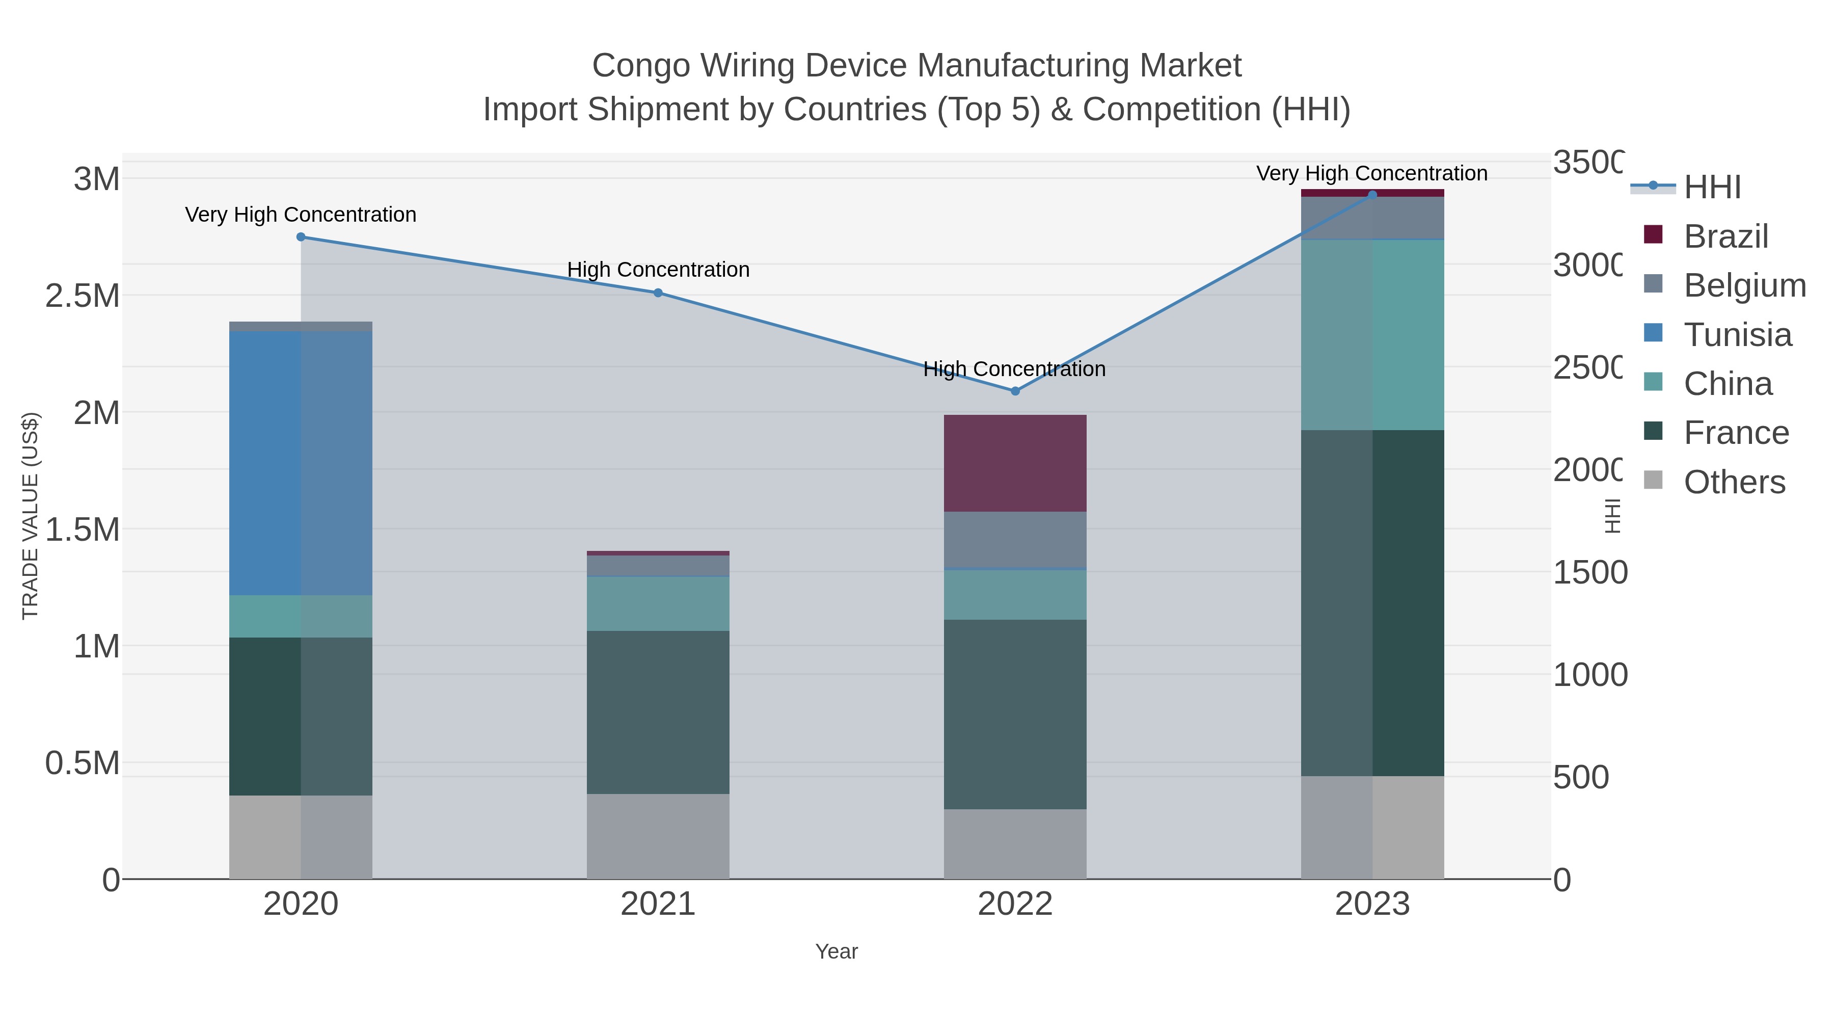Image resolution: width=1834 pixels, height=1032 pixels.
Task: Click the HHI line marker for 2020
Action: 301,237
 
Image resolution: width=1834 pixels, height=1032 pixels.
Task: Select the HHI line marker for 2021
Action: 658,293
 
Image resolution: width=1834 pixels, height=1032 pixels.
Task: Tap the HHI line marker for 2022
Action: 1015,391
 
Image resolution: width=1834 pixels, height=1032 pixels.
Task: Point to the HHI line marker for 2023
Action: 1372,195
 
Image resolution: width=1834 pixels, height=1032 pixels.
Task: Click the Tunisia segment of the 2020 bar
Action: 301,463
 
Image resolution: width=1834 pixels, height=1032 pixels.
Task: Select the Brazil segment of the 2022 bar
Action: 1015,463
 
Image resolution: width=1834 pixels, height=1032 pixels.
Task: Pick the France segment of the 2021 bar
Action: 658,712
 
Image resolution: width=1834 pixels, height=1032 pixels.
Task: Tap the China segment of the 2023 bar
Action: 1372,335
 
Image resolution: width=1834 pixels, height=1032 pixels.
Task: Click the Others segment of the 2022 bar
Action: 1015,844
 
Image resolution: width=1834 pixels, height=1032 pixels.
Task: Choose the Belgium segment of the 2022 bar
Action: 1015,539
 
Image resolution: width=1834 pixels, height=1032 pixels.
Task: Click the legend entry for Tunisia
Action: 1737,335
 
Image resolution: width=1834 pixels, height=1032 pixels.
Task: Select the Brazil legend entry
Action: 1726,236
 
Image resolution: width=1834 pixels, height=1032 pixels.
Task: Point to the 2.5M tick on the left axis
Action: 83,296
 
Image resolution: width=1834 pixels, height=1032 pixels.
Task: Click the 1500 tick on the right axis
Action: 1589,573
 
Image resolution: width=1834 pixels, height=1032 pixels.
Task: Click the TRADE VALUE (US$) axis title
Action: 31,516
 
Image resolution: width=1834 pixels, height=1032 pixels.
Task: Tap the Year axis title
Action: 837,951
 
